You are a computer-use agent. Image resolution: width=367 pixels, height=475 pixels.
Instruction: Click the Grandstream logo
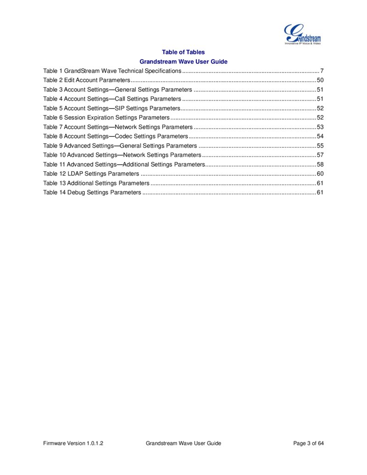[302, 35]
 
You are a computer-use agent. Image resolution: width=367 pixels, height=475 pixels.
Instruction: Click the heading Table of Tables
[183, 52]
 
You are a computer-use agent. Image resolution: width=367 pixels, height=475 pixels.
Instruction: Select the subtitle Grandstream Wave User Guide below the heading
[183, 61]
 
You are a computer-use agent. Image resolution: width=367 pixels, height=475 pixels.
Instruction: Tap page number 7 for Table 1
[322, 71]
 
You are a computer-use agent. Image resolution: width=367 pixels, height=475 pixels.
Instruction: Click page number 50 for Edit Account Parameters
[320, 80]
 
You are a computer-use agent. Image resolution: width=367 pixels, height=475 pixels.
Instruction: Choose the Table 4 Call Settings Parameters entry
[112, 99]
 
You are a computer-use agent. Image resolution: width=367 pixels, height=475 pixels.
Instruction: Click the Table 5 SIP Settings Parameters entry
[111, 108]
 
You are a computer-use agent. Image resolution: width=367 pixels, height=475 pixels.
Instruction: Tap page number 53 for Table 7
[320, 127]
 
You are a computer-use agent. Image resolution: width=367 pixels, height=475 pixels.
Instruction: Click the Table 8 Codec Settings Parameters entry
[116, 136]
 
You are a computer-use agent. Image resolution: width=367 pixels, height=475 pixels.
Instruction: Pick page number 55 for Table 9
[320, 145]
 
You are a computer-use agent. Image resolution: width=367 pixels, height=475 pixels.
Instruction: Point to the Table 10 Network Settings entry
[122, 155]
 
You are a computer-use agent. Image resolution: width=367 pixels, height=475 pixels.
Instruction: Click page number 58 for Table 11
[320, 164]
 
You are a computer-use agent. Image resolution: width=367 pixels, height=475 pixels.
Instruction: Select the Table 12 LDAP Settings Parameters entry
[91, 173]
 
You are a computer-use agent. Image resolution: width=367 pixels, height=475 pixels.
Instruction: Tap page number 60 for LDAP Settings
[320, 173]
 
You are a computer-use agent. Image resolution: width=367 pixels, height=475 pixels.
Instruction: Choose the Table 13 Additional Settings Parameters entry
[96, 183]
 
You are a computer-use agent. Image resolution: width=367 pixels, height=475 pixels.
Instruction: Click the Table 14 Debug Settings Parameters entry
[92, 192]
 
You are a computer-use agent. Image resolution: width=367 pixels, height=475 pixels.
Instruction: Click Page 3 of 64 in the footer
[308, 443]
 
